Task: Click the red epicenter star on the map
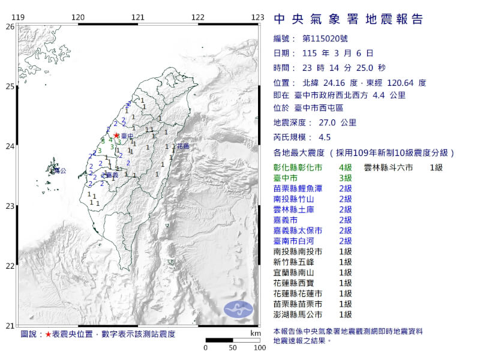116,136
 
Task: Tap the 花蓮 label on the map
183,146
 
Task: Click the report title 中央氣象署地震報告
349,20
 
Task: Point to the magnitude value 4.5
326,136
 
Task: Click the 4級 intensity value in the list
345,167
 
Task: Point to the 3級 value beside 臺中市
345,178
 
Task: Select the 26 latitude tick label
10,27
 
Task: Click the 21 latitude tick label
10,326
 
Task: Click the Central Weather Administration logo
239,310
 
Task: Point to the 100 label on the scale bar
259,347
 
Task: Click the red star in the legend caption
48,334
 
